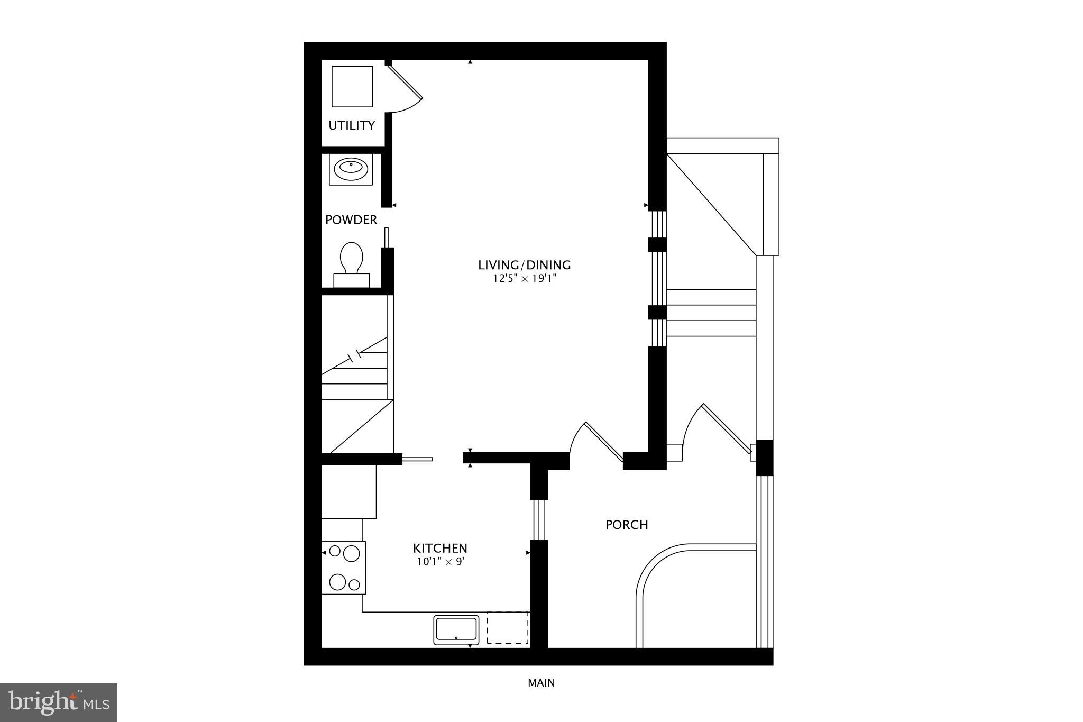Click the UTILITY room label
pyautogui.click(x=352, y=125)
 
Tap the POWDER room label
pyautogui.click(x=351, y=220)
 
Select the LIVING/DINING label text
pyautogui.click(x=524, y=265)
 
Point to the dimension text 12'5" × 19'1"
pyautogui.click(x=524, y=279)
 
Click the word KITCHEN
pyautogui.click(x=440, y=548)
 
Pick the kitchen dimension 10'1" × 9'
pyautogui.click(x=440, y=562)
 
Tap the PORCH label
pyautogui.click(x=627, y=525)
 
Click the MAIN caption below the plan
pyautogui.click(x=541, y=683)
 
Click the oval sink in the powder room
pyautogui.click(x=351, y=169)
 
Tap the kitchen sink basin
pyautogui.click(x=456, y=629)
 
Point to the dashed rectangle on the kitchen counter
pyautogui.click(x=508, y=628)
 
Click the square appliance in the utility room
pyautogui.click(x=352, y=86)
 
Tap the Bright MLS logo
pyautogui.click(x=59, y=702)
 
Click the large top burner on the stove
pyautogui.click(x=351, y=554)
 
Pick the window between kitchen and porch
pyautogui.click(x=539, y=519)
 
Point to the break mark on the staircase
pyautogui.click(x=354, y=355)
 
